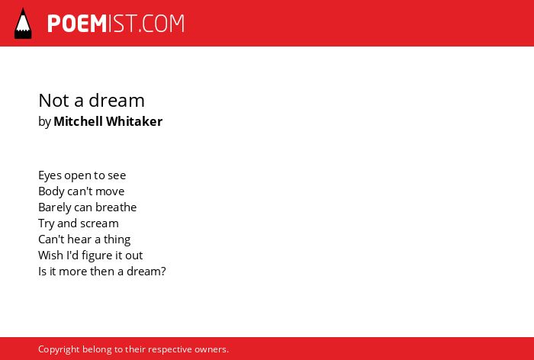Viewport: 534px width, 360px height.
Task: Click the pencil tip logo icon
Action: coord(23,24)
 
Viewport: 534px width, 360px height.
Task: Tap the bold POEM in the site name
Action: coord(77,24)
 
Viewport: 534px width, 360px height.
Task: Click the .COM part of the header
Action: coord(162,24)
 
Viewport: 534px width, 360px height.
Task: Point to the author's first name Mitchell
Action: coord(78,121)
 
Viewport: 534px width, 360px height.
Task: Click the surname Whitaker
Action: coord(134,121)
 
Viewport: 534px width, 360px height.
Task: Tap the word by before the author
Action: coord(44,122)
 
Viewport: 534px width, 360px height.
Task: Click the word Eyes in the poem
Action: coord(50,175)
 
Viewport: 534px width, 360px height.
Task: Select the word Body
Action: coord(51,191)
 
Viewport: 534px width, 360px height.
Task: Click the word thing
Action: coord(117,239)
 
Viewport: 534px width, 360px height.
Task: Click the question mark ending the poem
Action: coord(163,272)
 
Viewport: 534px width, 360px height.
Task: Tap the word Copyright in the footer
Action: coord(59,350)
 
